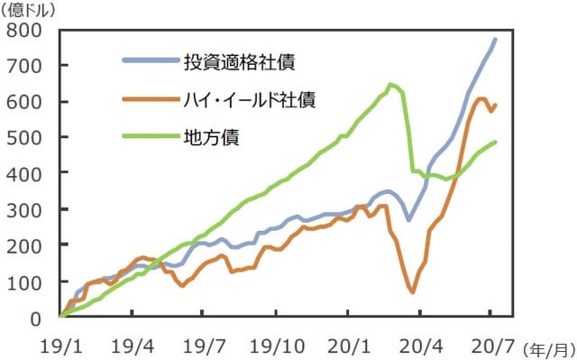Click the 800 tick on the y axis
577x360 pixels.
tap(25, 30)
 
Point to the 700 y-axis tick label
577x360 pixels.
tap(25, 66)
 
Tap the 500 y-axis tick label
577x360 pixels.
tap(25, 137)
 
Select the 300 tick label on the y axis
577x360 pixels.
tap(25, 209)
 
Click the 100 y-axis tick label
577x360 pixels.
tap(25, 282)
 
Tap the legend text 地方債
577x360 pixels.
tap(219, 137)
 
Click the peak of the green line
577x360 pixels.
tap(389, 85)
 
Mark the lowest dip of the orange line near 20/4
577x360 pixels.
tap(413, 291)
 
